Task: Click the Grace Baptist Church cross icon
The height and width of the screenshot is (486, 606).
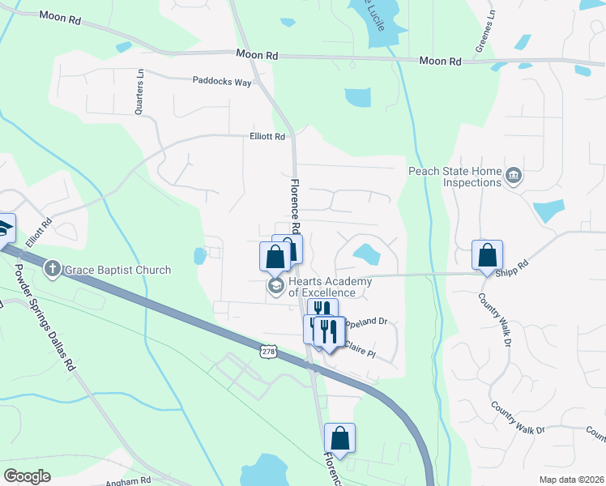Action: point(52,269)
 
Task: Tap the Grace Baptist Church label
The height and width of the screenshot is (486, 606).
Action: point(117,270)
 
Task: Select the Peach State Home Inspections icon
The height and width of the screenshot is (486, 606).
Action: point(513,176)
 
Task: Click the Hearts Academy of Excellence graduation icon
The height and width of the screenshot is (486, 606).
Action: point(275,287)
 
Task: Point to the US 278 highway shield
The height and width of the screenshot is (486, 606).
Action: point(269,352)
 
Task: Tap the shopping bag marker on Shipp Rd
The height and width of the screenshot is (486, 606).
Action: point(488,255)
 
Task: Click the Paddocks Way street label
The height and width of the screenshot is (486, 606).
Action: point(222,81)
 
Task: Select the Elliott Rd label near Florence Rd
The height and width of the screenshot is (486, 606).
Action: point(267,137)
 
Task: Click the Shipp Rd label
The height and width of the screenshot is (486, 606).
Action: point(514,263)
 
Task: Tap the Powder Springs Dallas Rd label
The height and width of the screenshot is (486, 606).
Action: point(45,318)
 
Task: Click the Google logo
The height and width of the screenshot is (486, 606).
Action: point(27,476)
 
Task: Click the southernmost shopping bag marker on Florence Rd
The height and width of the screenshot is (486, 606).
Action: point(340,438)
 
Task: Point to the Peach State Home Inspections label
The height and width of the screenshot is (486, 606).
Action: point(454,177)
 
